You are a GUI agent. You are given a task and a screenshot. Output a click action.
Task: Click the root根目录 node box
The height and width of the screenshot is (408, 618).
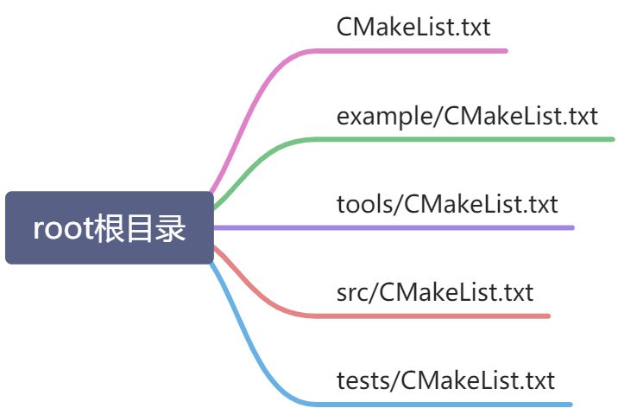click(x=109, y=227)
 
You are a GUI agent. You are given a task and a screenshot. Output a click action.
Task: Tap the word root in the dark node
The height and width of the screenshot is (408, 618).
click(x=62, y=229)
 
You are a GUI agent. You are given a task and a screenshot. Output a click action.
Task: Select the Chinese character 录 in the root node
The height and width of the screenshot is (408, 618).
click(x=171, y=229)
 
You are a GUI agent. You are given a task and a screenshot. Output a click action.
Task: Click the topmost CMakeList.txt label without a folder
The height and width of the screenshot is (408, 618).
click(x=413, y=27)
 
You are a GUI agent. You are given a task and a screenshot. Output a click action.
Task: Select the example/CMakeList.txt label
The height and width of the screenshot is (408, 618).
click(x=467, y=116)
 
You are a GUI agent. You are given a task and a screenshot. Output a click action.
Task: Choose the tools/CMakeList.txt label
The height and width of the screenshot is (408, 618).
click(x=447, y=204)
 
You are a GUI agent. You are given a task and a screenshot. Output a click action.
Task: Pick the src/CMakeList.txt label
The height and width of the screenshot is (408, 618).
click(x=435, y=291)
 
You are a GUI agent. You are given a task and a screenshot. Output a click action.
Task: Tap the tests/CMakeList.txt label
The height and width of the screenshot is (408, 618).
click(x=445, y=379)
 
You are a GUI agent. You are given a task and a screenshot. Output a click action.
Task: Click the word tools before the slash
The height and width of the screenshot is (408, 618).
click(x=364, y=204)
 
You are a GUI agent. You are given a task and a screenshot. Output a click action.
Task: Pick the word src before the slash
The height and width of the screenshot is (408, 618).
click(x=352, y=291)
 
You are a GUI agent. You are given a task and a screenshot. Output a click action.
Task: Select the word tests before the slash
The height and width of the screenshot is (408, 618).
click(x=363, y=379)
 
